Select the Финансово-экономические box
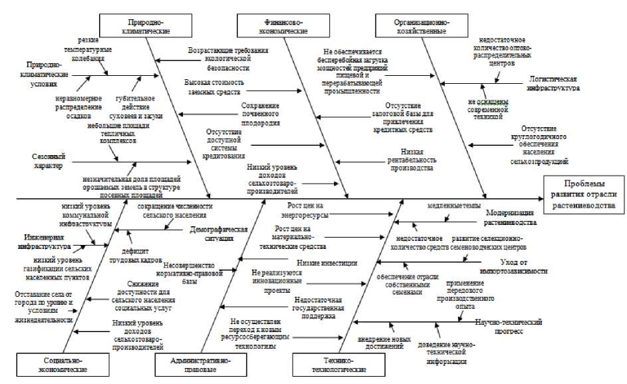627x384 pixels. [282, 26]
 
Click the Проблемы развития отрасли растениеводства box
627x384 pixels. [584, 195]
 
